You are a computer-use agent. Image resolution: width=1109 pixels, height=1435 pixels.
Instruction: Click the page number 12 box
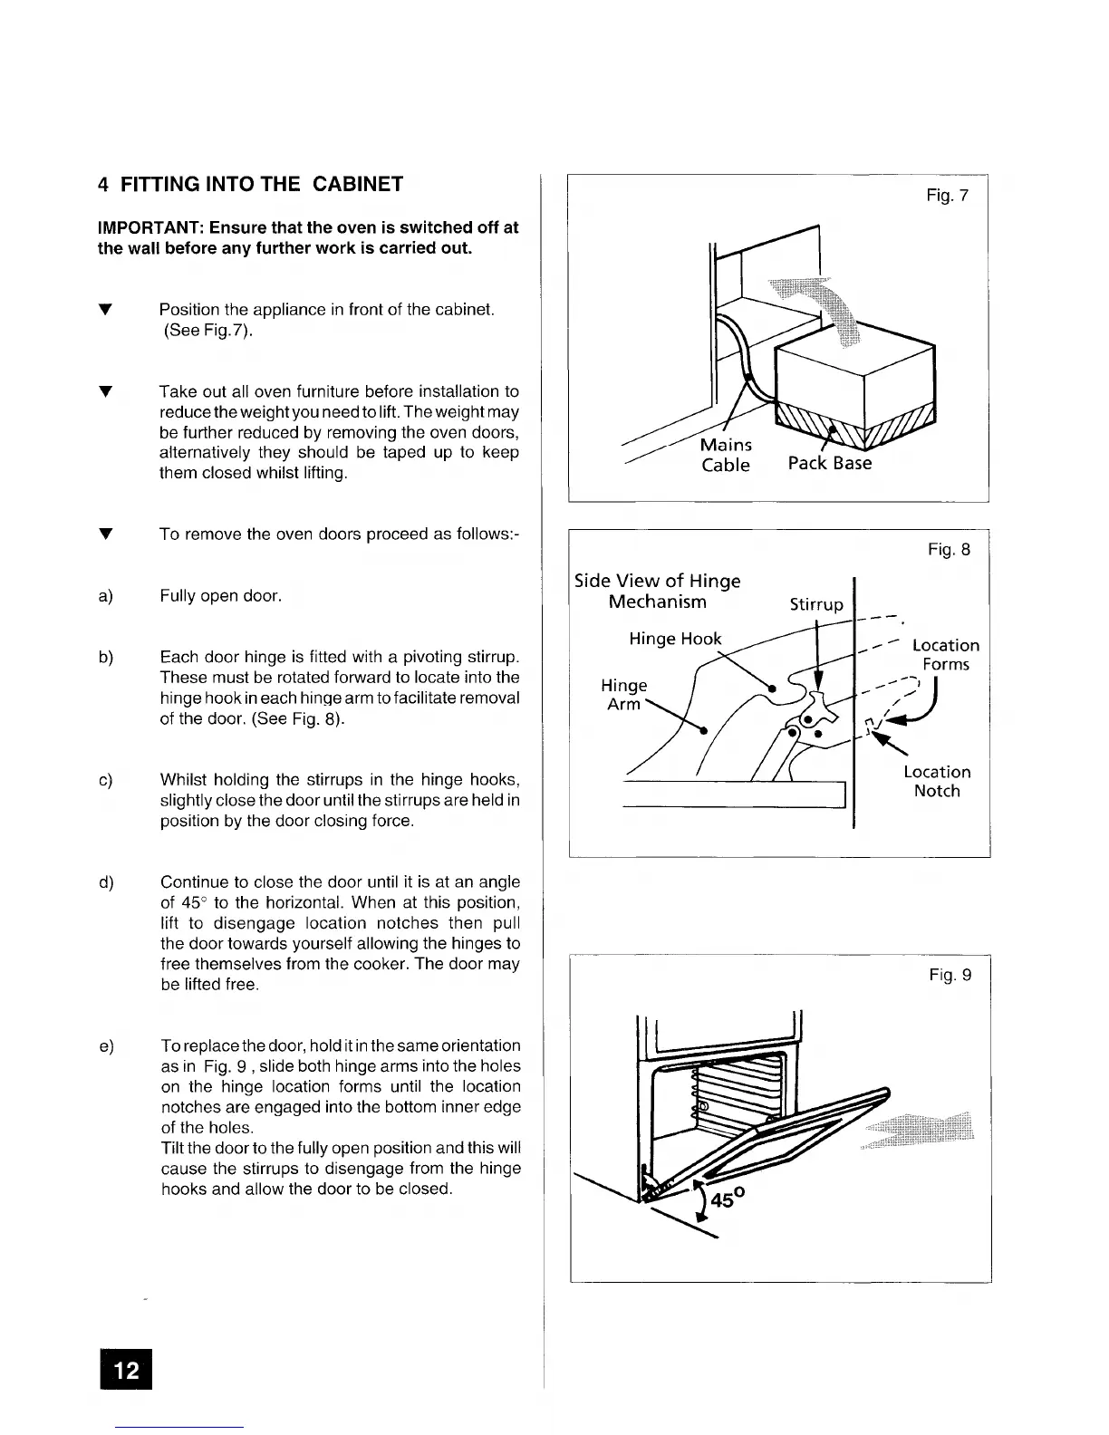[128, 1369]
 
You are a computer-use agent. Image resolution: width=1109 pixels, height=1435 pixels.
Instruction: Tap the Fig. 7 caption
[948, 195]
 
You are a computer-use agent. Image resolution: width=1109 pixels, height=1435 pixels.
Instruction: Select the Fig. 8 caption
[949, 549]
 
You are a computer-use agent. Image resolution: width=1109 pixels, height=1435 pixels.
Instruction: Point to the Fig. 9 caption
[950, 975]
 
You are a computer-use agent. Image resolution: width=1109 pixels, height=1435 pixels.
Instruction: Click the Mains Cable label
[726, 455]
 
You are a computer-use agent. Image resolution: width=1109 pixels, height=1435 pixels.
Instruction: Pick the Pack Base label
[829, 463]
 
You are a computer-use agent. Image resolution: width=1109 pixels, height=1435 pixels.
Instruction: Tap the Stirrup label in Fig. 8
[815, 604]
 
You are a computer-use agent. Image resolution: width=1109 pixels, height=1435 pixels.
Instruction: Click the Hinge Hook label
[675, 639]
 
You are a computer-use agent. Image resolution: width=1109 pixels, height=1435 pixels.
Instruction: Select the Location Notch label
[937, 781]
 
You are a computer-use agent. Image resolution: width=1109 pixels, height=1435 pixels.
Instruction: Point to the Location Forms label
[946, 654]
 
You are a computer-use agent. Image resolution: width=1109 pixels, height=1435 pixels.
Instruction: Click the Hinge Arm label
[623, 694]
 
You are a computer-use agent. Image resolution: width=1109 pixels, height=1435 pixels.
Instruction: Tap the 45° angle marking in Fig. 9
[728, 1199]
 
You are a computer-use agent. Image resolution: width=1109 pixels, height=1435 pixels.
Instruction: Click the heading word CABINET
[358, 184]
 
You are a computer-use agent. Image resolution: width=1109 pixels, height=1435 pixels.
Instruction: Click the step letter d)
[105, 882]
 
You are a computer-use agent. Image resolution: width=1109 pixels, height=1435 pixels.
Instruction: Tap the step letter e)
[105, 1046]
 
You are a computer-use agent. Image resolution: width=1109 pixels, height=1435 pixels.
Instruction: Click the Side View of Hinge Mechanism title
[658, 591]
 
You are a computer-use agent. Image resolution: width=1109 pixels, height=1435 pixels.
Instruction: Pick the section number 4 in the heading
[103, 184]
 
